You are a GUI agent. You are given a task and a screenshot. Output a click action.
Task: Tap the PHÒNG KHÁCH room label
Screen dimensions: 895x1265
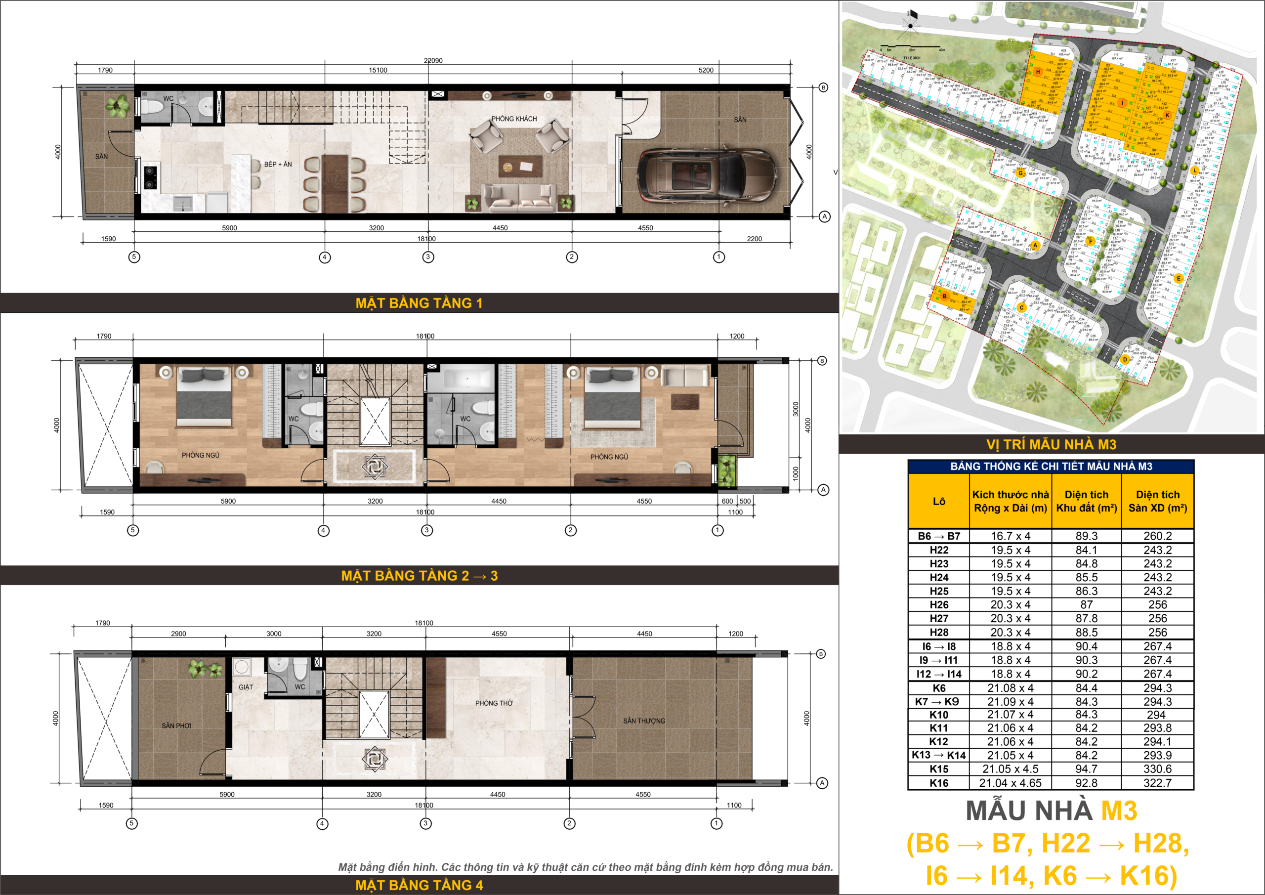click(513, 119)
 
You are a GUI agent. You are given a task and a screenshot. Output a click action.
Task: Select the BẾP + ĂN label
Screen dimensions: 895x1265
click(278, 164)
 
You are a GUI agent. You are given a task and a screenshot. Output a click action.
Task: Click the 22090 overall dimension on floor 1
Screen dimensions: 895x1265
click(433, 61)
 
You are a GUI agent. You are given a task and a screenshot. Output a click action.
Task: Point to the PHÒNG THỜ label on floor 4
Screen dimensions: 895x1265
click(494, 703)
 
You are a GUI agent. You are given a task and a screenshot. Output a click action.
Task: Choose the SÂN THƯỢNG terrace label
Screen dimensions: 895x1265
click(644, 721)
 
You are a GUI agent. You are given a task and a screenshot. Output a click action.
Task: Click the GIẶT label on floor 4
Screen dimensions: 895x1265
click(246, 687)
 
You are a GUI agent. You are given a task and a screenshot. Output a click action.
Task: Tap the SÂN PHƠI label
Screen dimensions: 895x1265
click(176, 726)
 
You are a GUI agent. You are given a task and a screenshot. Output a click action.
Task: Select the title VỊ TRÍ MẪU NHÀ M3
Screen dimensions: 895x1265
click(1051, 445)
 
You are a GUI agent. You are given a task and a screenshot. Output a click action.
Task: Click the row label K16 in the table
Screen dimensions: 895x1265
click(939, 783)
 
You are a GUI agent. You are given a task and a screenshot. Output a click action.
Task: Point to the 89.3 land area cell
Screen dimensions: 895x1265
click(1086, 536)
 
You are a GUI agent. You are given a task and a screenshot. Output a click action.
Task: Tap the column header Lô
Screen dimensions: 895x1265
click(939, 501)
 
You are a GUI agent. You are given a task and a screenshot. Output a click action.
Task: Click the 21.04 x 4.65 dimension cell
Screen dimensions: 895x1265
click(1010, 783)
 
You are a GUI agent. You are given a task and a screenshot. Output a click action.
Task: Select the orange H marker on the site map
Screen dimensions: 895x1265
click(1038, 72)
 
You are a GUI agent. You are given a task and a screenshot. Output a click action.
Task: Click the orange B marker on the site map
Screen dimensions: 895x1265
click(944, 297)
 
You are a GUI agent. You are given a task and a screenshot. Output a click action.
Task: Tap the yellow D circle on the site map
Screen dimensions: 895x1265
click(1125, 359)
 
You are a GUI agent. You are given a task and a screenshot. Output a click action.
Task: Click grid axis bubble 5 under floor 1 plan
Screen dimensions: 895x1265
click(134, 257)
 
